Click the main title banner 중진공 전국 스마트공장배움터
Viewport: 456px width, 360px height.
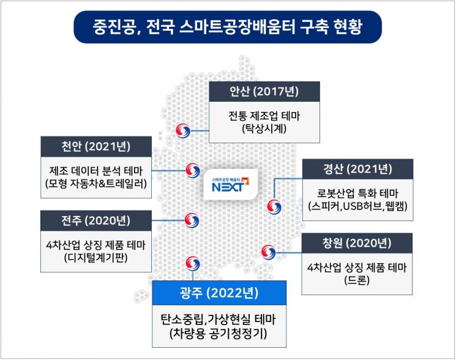coord(228,27)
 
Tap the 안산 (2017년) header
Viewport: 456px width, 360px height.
coord(264,92)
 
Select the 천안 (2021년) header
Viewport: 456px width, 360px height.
coord(96,146)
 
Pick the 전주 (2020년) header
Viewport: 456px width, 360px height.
coord(96,220)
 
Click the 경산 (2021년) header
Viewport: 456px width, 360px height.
coord(357,169)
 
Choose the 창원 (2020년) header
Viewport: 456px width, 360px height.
coord(357,243)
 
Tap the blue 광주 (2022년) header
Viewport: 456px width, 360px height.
coord(219,293)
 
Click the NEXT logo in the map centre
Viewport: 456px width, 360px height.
coord(231,185)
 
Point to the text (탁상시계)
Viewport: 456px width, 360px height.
coord(264,129)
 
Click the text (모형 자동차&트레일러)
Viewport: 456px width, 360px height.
coord(96,184)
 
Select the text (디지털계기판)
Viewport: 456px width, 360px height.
coord(96,258)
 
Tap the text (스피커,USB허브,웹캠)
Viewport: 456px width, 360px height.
coord(357,206)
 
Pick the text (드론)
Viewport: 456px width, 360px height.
coord(357,280)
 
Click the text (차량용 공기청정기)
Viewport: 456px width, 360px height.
coord(219,334)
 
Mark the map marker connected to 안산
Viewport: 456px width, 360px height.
coord(183,130)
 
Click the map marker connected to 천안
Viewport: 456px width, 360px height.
coord(193,170)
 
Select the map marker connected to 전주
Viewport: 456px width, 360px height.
coord(192,220)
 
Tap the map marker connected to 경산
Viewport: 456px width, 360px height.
coord(274,207)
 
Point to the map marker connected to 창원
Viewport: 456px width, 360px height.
coord(269,252)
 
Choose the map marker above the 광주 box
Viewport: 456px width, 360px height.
coord(193,263)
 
